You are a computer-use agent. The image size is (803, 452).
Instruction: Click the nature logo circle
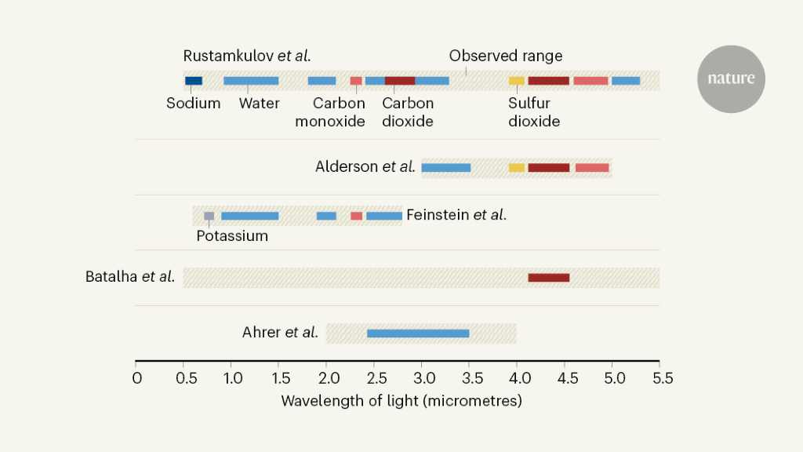pos(731,78)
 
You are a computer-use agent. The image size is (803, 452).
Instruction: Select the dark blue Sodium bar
pos(194,81)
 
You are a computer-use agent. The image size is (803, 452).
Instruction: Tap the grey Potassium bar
pos(209,216)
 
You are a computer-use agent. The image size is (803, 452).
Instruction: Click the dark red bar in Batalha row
pos(548,278)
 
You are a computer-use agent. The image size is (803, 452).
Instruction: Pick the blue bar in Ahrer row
pos(418,334)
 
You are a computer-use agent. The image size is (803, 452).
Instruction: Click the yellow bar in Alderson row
pos(516,167)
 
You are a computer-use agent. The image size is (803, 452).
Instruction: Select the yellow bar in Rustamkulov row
pos(516,81)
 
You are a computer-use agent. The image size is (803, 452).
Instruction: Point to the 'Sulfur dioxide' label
pos(534,112)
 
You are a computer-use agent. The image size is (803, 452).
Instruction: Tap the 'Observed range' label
pos(505,56)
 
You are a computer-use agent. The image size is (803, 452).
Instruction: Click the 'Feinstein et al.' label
pos(456,214)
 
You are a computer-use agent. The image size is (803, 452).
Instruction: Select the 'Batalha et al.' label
pos(130,277)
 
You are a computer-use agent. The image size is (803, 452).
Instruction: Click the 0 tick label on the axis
pos(137,379)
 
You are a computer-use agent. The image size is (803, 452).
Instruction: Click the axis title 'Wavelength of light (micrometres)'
pos(401,401)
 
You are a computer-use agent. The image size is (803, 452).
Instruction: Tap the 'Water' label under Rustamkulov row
pos(259,104)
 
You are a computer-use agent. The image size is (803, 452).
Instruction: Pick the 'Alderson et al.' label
pos(365,166)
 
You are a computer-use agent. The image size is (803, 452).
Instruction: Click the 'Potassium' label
pos(232,236)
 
